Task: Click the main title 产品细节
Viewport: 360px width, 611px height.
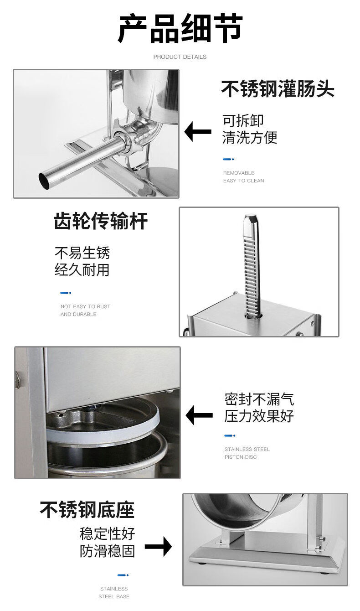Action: [x=180, y=28]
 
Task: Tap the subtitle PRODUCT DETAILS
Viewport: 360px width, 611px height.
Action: [x=180, y=57]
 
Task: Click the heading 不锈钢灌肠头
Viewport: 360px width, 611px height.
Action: [x=278, y=88]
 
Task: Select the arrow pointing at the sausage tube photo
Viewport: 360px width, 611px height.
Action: [x=198, y=131]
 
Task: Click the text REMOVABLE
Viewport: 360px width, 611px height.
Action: [x=239, y=173]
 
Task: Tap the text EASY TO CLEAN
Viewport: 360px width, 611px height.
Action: [x=244, y=181]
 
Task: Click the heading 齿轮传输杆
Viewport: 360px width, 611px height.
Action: [x=101, y=221]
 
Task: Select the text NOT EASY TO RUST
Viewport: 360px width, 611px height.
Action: [x=85, y=306]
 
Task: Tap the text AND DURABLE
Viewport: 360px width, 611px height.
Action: [x=78, y=314]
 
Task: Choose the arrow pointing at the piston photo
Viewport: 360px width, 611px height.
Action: [x=199, y=415]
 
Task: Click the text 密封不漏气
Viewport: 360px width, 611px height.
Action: [x=259, y=399]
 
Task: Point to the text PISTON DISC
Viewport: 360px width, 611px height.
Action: [x=241, y=457]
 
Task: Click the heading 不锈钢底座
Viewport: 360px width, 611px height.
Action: [x=87, y=510]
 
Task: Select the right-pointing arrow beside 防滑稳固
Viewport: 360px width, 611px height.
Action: [x=158, y=546]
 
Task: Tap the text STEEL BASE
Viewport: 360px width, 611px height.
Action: [x=114, y=596]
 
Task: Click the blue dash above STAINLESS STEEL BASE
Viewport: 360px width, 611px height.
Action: [x=123, y=575]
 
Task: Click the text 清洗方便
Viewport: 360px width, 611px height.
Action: [x=250, y=137]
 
